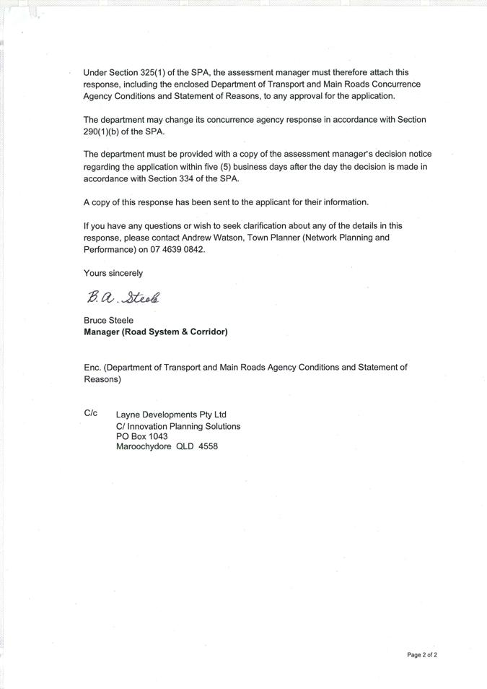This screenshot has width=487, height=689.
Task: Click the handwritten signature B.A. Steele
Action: pos(123,297)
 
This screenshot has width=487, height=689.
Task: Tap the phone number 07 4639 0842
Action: pos(177,250)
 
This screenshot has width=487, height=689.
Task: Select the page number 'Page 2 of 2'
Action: pos(422,655)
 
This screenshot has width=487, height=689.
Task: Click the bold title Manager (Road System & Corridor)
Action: pos(156,332)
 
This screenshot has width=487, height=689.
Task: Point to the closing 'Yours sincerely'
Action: pos(113,273)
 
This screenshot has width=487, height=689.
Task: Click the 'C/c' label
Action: pos(91,414)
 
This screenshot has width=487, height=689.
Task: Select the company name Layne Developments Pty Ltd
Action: pos(171,415)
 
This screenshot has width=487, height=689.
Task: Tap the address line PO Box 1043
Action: pos(141,436)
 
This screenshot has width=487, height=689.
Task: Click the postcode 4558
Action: pos(208,447)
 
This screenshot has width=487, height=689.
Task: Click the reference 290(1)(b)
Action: pos(105,131)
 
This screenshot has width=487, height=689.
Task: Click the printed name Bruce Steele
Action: pos(108,320)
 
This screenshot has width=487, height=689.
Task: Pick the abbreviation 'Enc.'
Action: pos(92,368)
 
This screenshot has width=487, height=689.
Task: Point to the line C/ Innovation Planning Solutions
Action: pos(178,425)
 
